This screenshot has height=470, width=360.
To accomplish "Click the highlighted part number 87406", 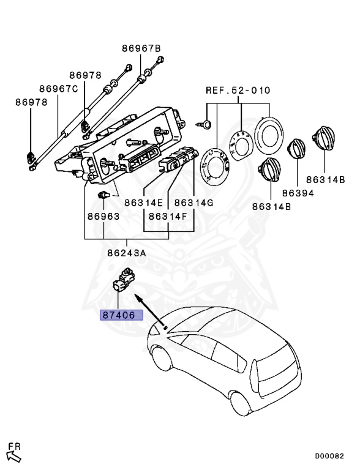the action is tap(119, 315).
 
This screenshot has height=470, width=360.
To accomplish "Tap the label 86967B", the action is tap(141, 48).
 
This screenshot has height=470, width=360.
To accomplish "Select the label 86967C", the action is tap(59, 89).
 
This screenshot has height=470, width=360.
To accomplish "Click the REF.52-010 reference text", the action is tap(238, 90).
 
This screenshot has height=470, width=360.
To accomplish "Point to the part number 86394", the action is tap(298, 193).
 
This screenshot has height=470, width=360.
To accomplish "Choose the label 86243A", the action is tap(127, 253).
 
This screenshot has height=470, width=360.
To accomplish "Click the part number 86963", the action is tap(103, 216).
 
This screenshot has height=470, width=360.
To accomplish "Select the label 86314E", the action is tap(144, 203).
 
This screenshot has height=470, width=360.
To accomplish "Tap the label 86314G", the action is tap(194, 203).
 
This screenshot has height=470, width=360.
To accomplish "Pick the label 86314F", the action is tap(168, 216).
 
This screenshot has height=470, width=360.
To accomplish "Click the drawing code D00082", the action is tap(329, 456).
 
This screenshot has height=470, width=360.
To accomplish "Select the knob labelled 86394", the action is tap(296, 149).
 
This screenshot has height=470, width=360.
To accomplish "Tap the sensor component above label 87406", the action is tap(124, 280).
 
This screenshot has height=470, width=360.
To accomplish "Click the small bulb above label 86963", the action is tap(104, 195).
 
